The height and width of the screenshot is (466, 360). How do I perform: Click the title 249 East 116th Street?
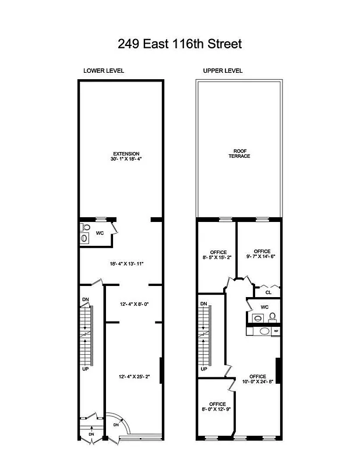(x=179, y=44)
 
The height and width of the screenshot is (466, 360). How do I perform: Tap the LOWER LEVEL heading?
(x=104, y=71)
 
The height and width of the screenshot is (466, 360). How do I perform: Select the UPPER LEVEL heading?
(x=223, y=71)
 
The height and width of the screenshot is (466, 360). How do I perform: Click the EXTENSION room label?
(x=126, y=154)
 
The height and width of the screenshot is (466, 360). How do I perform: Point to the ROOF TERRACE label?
(x=239, y=154)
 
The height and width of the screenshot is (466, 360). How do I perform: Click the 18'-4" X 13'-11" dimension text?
(x=126, y=264)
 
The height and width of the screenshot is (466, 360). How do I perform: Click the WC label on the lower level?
(x=100, y=233)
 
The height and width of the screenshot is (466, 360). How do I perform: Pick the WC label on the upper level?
(x=264, y=307)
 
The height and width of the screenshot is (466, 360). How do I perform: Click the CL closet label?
(x=269, y=292)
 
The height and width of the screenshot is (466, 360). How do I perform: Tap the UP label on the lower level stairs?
(x=86, y=369)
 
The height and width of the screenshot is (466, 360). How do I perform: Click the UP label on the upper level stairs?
(x=204, y=369)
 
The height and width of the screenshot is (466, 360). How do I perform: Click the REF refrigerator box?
(x=276, y=331)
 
